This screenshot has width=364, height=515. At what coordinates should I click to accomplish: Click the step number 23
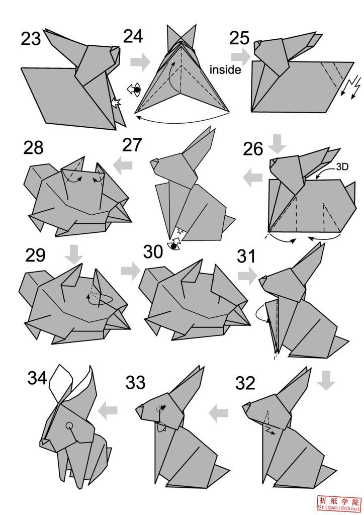[31, 39]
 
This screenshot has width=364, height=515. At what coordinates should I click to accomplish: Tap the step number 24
[133, 36]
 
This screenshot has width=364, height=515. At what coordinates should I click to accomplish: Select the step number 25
[240, 38]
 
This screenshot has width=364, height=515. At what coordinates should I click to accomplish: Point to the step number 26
[253, 149]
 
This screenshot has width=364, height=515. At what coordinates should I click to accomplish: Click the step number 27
[132, 145]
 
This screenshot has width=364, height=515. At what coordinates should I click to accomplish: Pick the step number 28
[33, 148]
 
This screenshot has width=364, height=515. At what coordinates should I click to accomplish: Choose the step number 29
[35, 255]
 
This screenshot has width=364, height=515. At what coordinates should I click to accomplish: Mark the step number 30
[153, 251]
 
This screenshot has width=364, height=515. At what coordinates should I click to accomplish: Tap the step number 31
[246, 256]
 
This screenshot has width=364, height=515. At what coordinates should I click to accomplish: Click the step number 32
[246, 383]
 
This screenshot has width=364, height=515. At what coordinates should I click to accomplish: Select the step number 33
[135, 383]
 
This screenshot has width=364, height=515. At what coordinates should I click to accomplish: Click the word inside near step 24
[225, 70]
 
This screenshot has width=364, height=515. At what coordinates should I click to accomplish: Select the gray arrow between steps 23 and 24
[140, 62]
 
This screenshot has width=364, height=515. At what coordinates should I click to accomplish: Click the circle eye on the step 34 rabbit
[69, 426]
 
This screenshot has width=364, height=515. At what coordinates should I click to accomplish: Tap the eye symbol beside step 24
[134, 90]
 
